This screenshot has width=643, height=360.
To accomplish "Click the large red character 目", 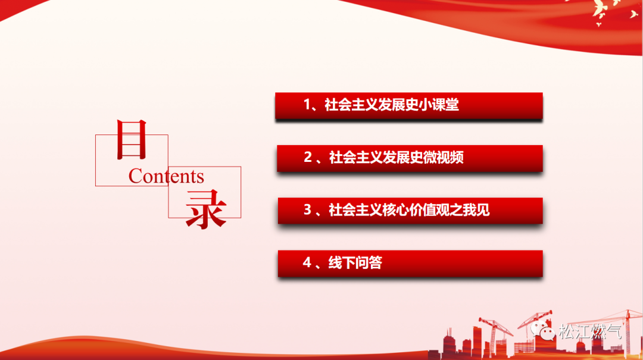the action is [x=132, y=139].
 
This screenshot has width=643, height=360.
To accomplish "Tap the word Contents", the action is [x=166, y=176].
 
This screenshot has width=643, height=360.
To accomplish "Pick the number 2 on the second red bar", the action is [x=308, y=157].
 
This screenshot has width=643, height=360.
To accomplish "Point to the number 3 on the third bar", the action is [x=308, y=209].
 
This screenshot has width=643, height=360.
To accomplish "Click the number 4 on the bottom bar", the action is [x=307, y=262].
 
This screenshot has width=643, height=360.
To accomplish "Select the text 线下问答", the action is [x=355, y=262].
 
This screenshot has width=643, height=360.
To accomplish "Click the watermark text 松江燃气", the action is [x=590, y=331].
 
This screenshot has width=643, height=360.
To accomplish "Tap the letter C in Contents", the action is [x=135, y=176].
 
